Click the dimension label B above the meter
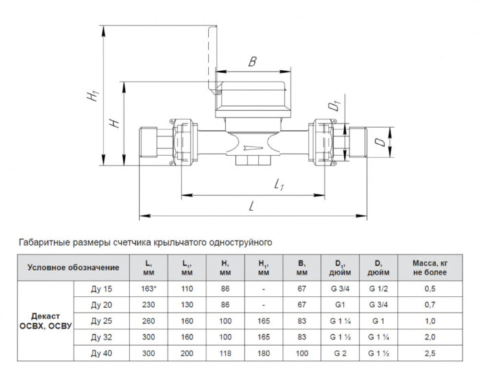pyautogui.click(x=252, y=62)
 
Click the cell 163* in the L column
pyautogui.click(x=148, y=288)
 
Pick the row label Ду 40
pyautogui.click(x=101, y=353)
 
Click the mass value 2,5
pyautogui.click(x=429, y=353)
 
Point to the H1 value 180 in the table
pyautogui.click(x=263, y=353)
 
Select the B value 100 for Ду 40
pyautogui.click(x=300, y=353)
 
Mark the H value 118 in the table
pyautogui.click(x=226, y=353)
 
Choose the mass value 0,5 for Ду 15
pyautogui.click(x=429, y=288)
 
